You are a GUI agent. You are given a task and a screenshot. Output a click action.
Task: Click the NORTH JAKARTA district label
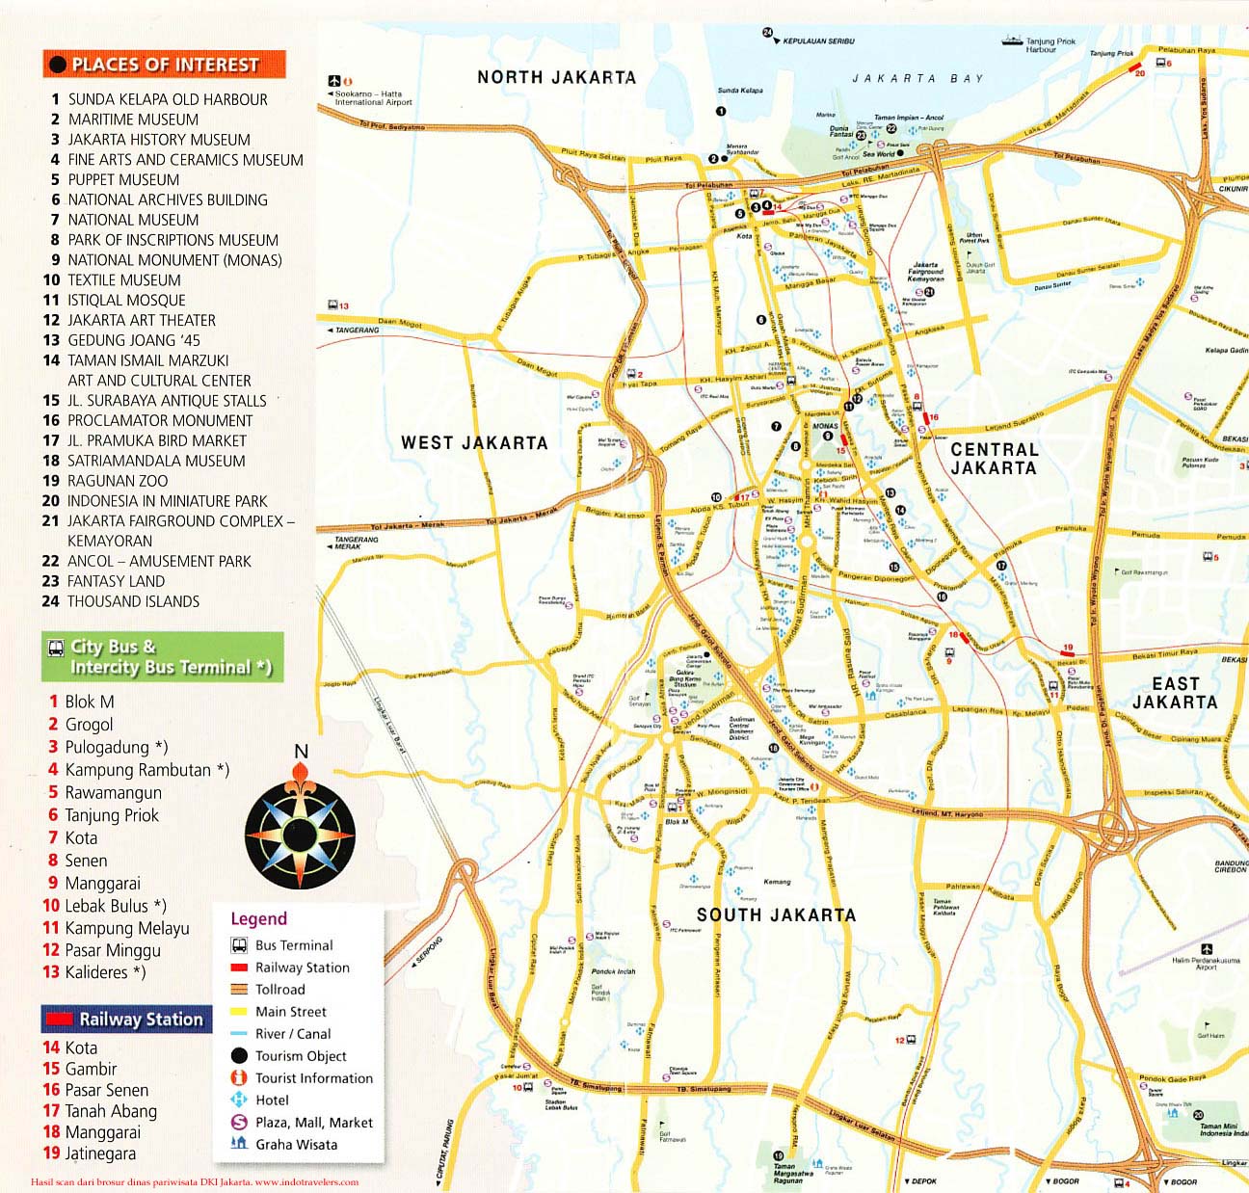556,77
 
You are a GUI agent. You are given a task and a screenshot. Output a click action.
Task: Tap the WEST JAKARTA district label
474,442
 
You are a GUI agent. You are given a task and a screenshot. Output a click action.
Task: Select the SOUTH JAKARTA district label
776,915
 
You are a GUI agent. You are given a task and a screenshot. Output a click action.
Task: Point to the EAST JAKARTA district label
1175,692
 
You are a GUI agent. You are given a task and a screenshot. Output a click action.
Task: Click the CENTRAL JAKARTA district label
994,458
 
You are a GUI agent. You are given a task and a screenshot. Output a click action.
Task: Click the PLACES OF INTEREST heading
165,65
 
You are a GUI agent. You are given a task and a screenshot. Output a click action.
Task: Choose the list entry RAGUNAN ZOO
117,481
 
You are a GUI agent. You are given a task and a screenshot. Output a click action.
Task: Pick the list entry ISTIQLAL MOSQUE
126,300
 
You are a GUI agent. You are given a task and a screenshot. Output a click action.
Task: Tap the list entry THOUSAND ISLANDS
133,601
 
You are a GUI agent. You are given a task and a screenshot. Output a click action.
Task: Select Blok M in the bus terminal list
89,702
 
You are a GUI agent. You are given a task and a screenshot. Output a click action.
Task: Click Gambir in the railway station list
91,1069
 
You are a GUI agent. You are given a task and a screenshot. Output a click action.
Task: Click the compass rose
300,829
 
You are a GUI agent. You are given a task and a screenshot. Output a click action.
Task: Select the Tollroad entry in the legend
279,990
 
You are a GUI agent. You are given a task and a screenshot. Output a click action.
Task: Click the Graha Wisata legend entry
296,1145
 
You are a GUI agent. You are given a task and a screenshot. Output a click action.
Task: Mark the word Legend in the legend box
258,918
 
